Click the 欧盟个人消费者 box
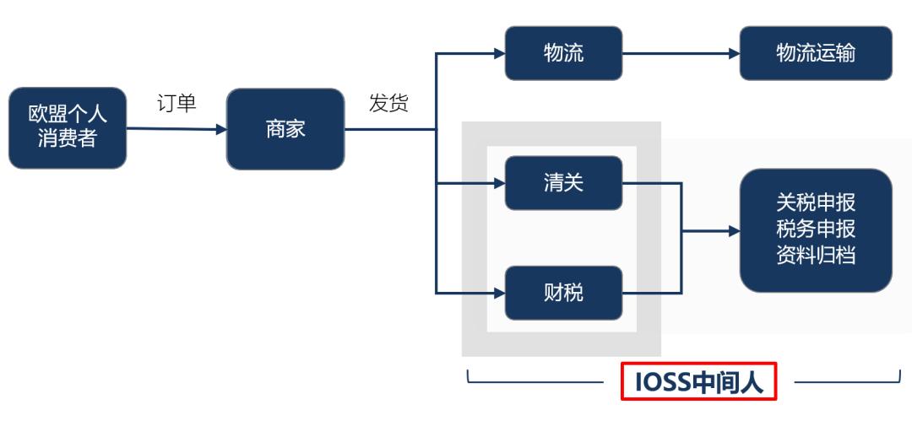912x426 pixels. click(x=68, y=127)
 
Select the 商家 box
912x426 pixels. click(x=285, y=129)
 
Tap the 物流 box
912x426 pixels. click(x=563, y=53)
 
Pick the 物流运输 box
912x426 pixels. click(x=815, y=53)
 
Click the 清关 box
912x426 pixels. click(x=563, y=183)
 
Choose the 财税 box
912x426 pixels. click(x=563, y=293)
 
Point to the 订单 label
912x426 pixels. click(x=176, y=104)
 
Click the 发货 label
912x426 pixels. click(x=388, y=104)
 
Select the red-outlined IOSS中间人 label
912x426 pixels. click(x=698, y=383)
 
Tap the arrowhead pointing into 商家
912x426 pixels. click(x=221, y=130)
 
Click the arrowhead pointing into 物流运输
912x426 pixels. click(x=734, y=53)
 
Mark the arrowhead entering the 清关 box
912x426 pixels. click(x=499, y=183)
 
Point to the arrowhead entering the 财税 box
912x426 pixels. click(x=499, y=293)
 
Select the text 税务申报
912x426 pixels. click(x=815, y=229)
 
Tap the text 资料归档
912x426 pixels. click(x=815, y=255)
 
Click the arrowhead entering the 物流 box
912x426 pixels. click(x=499, y=53)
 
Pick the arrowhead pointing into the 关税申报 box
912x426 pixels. click(x=734, y=229)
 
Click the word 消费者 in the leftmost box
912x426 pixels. click(x=68, y=138)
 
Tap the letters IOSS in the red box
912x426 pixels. click(x=662, y=383)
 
